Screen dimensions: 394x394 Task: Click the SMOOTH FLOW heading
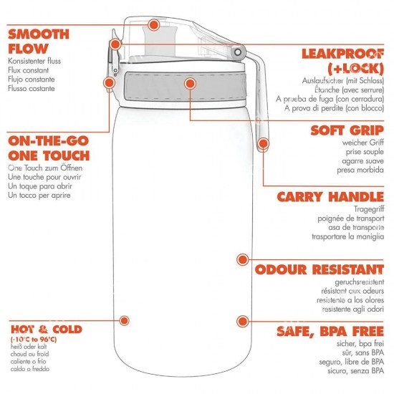[39, 42]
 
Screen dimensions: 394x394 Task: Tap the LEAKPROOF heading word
[343, 54]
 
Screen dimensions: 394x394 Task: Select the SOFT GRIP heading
[347, 130]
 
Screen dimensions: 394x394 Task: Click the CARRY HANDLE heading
[330, 197]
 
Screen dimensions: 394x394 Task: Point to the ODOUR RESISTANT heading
[319, 269]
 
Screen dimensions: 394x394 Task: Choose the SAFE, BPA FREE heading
[330, 331]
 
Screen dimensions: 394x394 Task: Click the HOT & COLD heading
[47, 330]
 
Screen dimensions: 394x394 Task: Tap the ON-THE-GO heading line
[48, 141]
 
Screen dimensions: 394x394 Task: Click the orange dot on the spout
[153, 24]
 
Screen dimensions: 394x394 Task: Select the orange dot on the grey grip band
[190, 83]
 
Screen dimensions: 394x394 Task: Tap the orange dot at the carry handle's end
[263, 143]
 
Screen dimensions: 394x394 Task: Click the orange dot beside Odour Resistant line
[242, 259]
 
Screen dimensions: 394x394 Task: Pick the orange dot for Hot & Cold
[124, 320]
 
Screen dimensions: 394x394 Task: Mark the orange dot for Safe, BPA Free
[242, 321]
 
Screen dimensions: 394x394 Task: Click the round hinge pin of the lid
[237, 52]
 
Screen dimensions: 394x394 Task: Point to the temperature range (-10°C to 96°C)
[34, 340]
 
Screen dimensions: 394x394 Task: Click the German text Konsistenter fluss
[34, 61]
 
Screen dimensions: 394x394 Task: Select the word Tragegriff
[369, 209]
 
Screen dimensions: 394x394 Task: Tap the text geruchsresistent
[360, 282]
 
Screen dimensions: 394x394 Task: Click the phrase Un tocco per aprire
[39, 196]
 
